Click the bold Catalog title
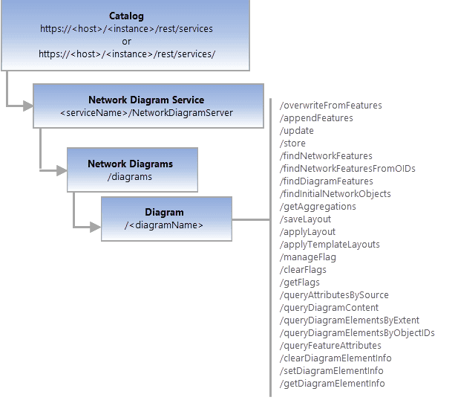pyautogui.click(x=126, y=16)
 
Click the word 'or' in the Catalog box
pyautogui.click(x=126, y=41)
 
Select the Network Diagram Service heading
pyautogui.click(x=146, y=100)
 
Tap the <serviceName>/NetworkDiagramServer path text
pyautogui.click(x=146, y=112)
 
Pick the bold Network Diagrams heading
pyautogui.click(x=130, y=164)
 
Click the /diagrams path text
pyautogui.click(x=130, y=176)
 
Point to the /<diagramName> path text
pyautogui.click(x=164, y=225)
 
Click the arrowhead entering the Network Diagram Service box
pyautogui.click(x=28, y=106)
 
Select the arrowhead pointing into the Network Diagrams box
pyautogui.click(x=62, y=170)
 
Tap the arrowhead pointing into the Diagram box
pyautogui.click(x=96, y=225)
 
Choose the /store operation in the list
pyautogui.click(x=292, y=143)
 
